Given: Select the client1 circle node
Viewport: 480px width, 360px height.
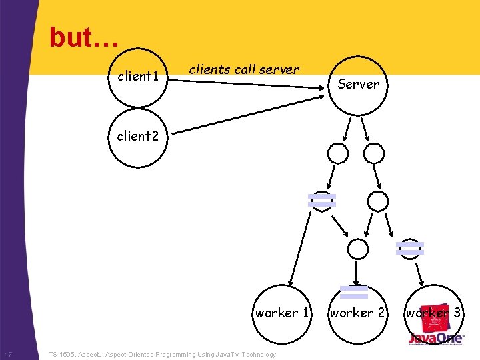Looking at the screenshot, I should (x=138, y=77).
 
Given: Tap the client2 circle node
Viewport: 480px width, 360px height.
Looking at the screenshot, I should (x=138, y=137).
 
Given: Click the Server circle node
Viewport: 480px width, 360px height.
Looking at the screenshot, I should (x=358, y=84).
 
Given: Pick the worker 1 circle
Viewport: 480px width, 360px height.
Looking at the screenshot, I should (x=282, y=313).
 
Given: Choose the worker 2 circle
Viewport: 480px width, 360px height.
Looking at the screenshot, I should (x=358, y=313).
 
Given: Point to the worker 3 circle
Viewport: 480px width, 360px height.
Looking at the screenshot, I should (x=433, y=313).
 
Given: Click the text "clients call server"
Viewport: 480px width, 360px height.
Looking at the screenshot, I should (x=244, y=69).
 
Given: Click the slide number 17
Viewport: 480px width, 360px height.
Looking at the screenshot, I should (x=8, y=354).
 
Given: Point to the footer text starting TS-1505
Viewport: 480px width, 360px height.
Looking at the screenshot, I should (x=163, y=355).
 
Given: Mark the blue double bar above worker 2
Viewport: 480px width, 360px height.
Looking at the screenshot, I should (x=354, y=291).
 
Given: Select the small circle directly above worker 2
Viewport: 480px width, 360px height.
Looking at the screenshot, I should (x=358, y=249).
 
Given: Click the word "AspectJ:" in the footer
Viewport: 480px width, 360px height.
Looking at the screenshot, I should (x=92, y=355).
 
